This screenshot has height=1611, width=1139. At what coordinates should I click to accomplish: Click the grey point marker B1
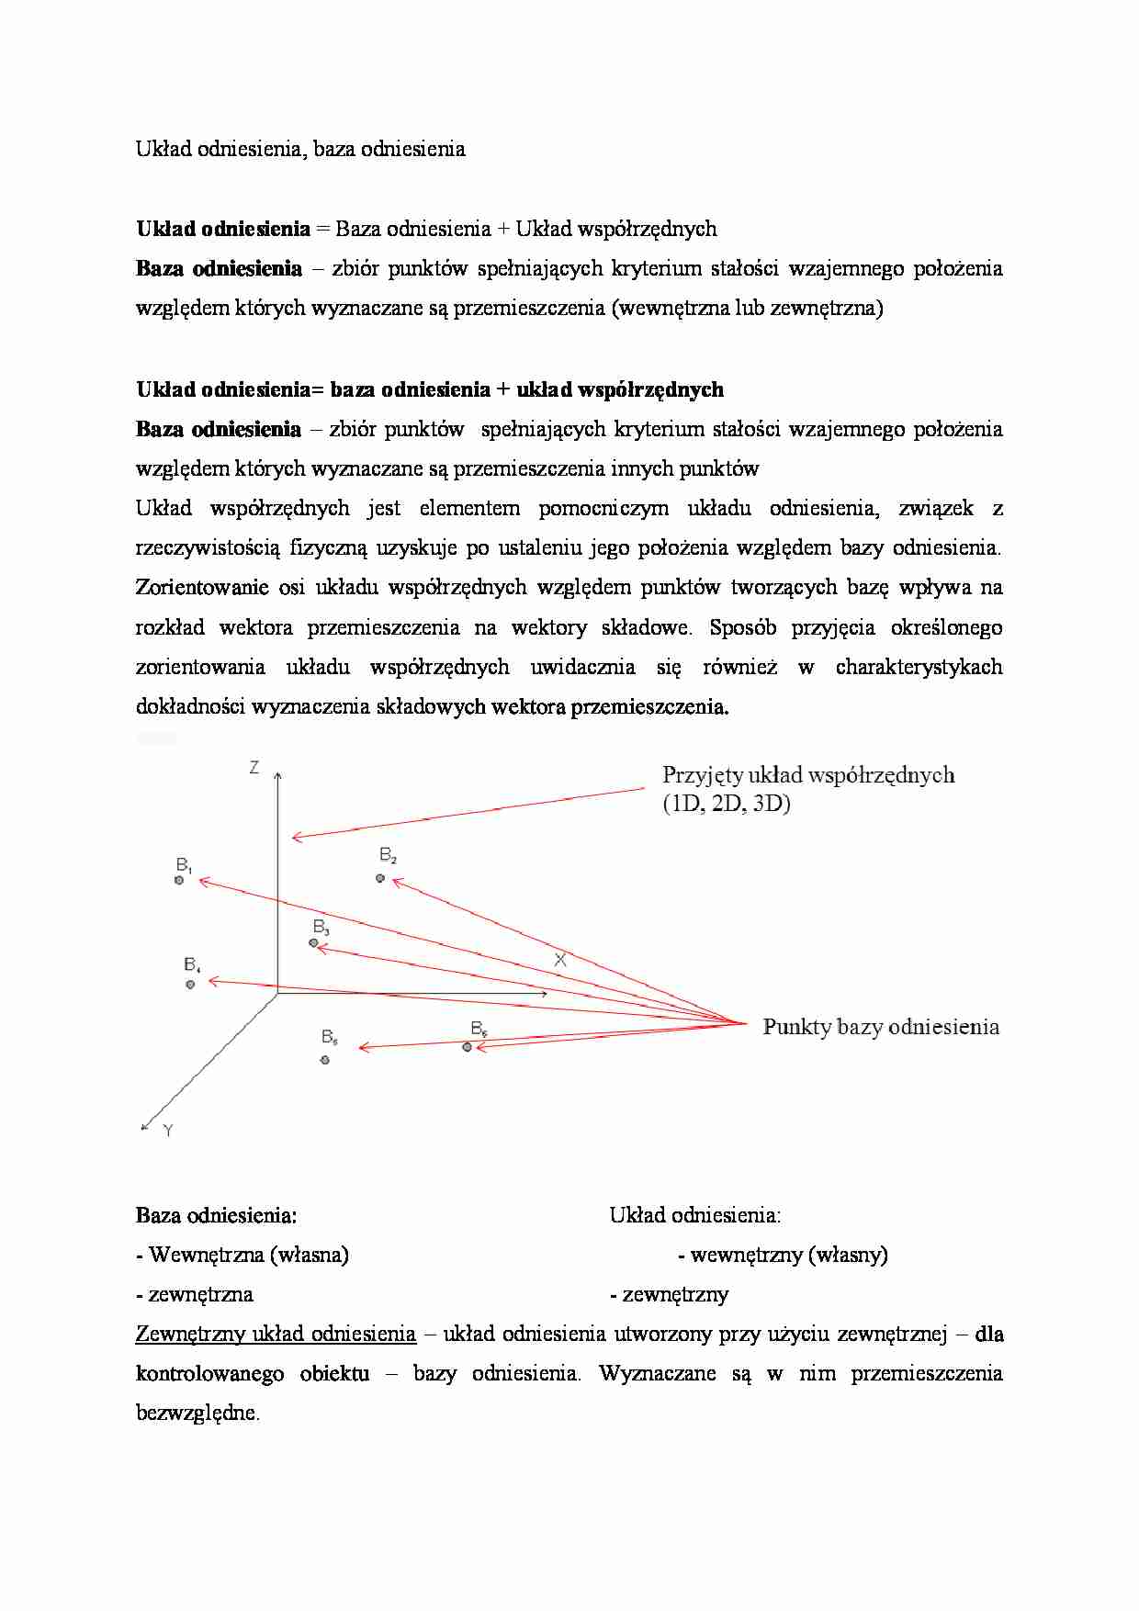pyautogui.click(x=179, y=880)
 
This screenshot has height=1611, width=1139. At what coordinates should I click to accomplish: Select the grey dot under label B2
pyautogui.click(x=380, y=878)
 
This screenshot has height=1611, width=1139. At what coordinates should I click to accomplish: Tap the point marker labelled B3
pyautogui.click(x=314, y=942)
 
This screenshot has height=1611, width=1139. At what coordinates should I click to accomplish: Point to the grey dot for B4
pyautogui.click(x=190, y=984)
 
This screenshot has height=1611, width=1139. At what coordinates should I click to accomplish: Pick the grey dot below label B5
pyautogui.click(x=325, y=1060)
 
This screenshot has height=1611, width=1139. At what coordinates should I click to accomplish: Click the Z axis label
pyautogui.click(x=254, y=767)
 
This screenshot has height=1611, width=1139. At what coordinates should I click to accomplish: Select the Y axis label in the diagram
pyautogui.click(x=168, y=1132)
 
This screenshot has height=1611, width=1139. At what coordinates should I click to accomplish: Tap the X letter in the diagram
pyautogui.click(x=560, y=959)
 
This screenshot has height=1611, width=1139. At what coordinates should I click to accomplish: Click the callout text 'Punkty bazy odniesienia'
pyautogui.click(x=880, y=1027)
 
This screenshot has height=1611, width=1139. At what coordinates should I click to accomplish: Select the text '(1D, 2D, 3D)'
pyautogui.click(x=726, y=804)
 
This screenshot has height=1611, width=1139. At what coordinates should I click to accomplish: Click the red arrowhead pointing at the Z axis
pyautogui.click(x=295, y=836)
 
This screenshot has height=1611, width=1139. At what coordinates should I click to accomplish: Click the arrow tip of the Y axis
pyautogui.click(x=144, y=1127)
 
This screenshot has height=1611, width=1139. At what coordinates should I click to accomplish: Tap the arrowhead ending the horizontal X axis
pyautogui.click(x=546, y=993)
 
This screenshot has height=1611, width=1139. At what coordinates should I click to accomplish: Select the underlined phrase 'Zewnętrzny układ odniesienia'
pyautogui.click(x=276, y=1334)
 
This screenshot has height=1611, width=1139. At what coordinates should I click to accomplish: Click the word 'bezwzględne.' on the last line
pyautogui.click(x=197, y=1413)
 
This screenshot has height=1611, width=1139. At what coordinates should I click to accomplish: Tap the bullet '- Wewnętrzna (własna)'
pyautogui.click(x=242, y=1255)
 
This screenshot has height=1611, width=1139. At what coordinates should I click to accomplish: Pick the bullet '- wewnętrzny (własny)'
pyautogui.click(x=783, y=1255)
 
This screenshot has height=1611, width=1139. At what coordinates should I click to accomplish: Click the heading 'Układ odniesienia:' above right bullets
pyautogui.click(x=694, y=1215)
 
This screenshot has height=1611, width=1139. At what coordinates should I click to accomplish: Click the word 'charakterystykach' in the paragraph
pyautogui.click(x=919, y=667)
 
